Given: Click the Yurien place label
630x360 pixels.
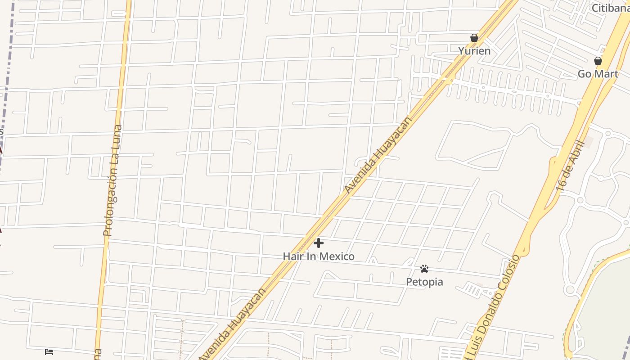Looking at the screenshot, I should click(474, 51).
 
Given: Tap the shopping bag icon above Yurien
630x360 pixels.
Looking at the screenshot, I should click(474, 38).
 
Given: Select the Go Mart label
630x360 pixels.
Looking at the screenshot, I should click(598, 74).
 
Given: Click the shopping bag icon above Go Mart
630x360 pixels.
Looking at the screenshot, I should click(598, 60).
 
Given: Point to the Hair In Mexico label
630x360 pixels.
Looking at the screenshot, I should click(319, 256).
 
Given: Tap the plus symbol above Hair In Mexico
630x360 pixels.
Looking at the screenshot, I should click(319, 243).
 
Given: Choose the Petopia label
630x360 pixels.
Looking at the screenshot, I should click(424, 282).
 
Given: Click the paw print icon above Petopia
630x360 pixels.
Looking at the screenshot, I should click(424, 269).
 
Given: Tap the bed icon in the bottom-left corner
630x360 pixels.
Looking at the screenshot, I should click(49, 351).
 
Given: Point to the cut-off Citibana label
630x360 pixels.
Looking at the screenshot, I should click(610, 8).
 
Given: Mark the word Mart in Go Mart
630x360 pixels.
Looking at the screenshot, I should click(608, 74).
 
